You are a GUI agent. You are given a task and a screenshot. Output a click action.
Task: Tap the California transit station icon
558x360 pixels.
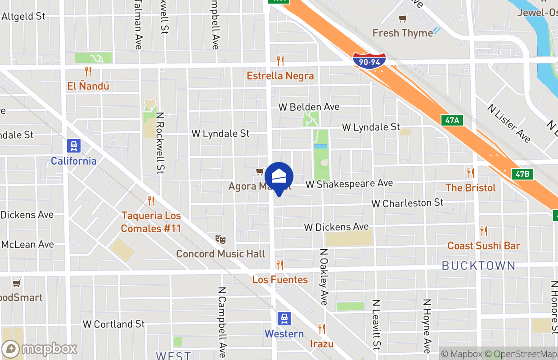73,146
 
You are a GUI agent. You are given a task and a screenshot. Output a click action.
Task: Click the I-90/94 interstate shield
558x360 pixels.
369,61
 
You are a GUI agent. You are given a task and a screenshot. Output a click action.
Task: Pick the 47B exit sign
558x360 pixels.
522,174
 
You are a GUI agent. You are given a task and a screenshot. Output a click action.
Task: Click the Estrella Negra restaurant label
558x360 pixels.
280,76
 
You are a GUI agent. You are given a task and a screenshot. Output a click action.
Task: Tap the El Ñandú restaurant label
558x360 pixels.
88,86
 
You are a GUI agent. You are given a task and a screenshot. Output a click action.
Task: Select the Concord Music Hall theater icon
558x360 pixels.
220,239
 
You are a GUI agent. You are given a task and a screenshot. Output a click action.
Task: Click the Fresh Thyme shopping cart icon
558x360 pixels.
402,19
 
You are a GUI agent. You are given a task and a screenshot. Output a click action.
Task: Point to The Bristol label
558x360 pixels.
470,188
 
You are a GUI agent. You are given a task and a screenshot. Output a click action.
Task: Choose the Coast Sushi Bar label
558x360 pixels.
483,246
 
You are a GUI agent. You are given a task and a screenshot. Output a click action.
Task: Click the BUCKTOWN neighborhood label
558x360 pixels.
478,265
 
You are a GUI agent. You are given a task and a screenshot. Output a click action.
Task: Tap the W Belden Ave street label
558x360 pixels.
309,107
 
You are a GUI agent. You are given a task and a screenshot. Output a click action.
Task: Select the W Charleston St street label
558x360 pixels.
407,203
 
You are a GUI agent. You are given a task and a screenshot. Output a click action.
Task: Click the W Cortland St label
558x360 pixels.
114,324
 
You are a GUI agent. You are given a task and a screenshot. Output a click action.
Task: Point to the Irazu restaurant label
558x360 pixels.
321,344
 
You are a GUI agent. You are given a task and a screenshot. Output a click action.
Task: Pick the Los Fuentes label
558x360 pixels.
280,279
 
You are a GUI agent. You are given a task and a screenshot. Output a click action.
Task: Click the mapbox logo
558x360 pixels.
39,349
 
